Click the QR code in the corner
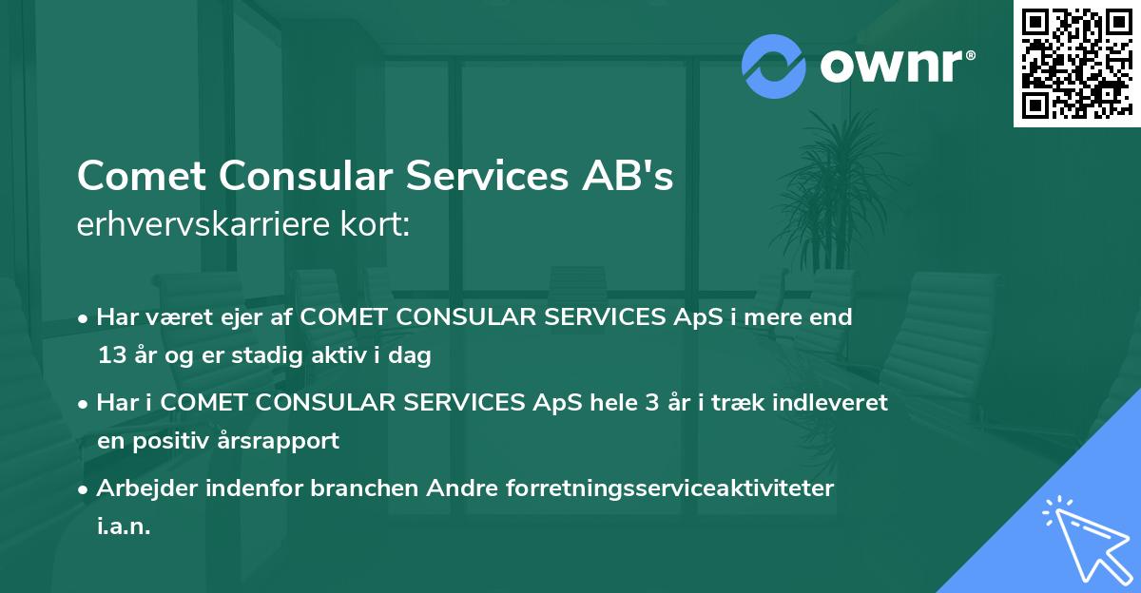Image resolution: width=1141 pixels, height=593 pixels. click(1075, 64)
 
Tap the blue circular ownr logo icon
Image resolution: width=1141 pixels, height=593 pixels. click(772, 67)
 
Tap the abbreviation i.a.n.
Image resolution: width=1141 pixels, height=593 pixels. click(124, 526)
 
